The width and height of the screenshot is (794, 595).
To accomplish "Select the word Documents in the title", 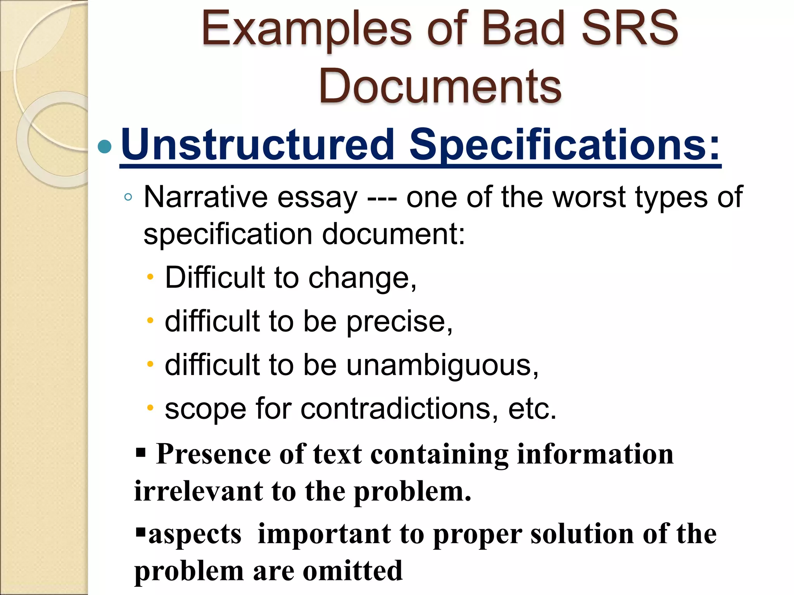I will click(x=440, y=86).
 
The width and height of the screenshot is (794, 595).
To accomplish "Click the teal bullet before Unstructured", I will click(x=105, y=146).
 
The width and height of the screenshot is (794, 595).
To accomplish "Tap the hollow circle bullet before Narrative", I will click(x=128, y=197).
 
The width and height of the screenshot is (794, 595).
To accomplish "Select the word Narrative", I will click(x=205, y=197).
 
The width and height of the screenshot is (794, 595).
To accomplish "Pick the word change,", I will click(x=362, y=278).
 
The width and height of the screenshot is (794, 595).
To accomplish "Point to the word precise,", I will click(x=399, y=322).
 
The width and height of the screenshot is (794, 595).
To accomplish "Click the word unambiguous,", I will click(x=442, y=365).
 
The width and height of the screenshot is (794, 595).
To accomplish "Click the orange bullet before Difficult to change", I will click(x=150, y=277).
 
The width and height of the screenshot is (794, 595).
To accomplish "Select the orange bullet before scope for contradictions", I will click(x=150, y=408).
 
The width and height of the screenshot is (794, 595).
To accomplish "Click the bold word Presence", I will click(x=213, y=454).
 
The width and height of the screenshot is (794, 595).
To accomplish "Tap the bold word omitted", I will click(x=352, y=571).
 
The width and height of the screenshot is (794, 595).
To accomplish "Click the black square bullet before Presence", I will click(x=141, y=452).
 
